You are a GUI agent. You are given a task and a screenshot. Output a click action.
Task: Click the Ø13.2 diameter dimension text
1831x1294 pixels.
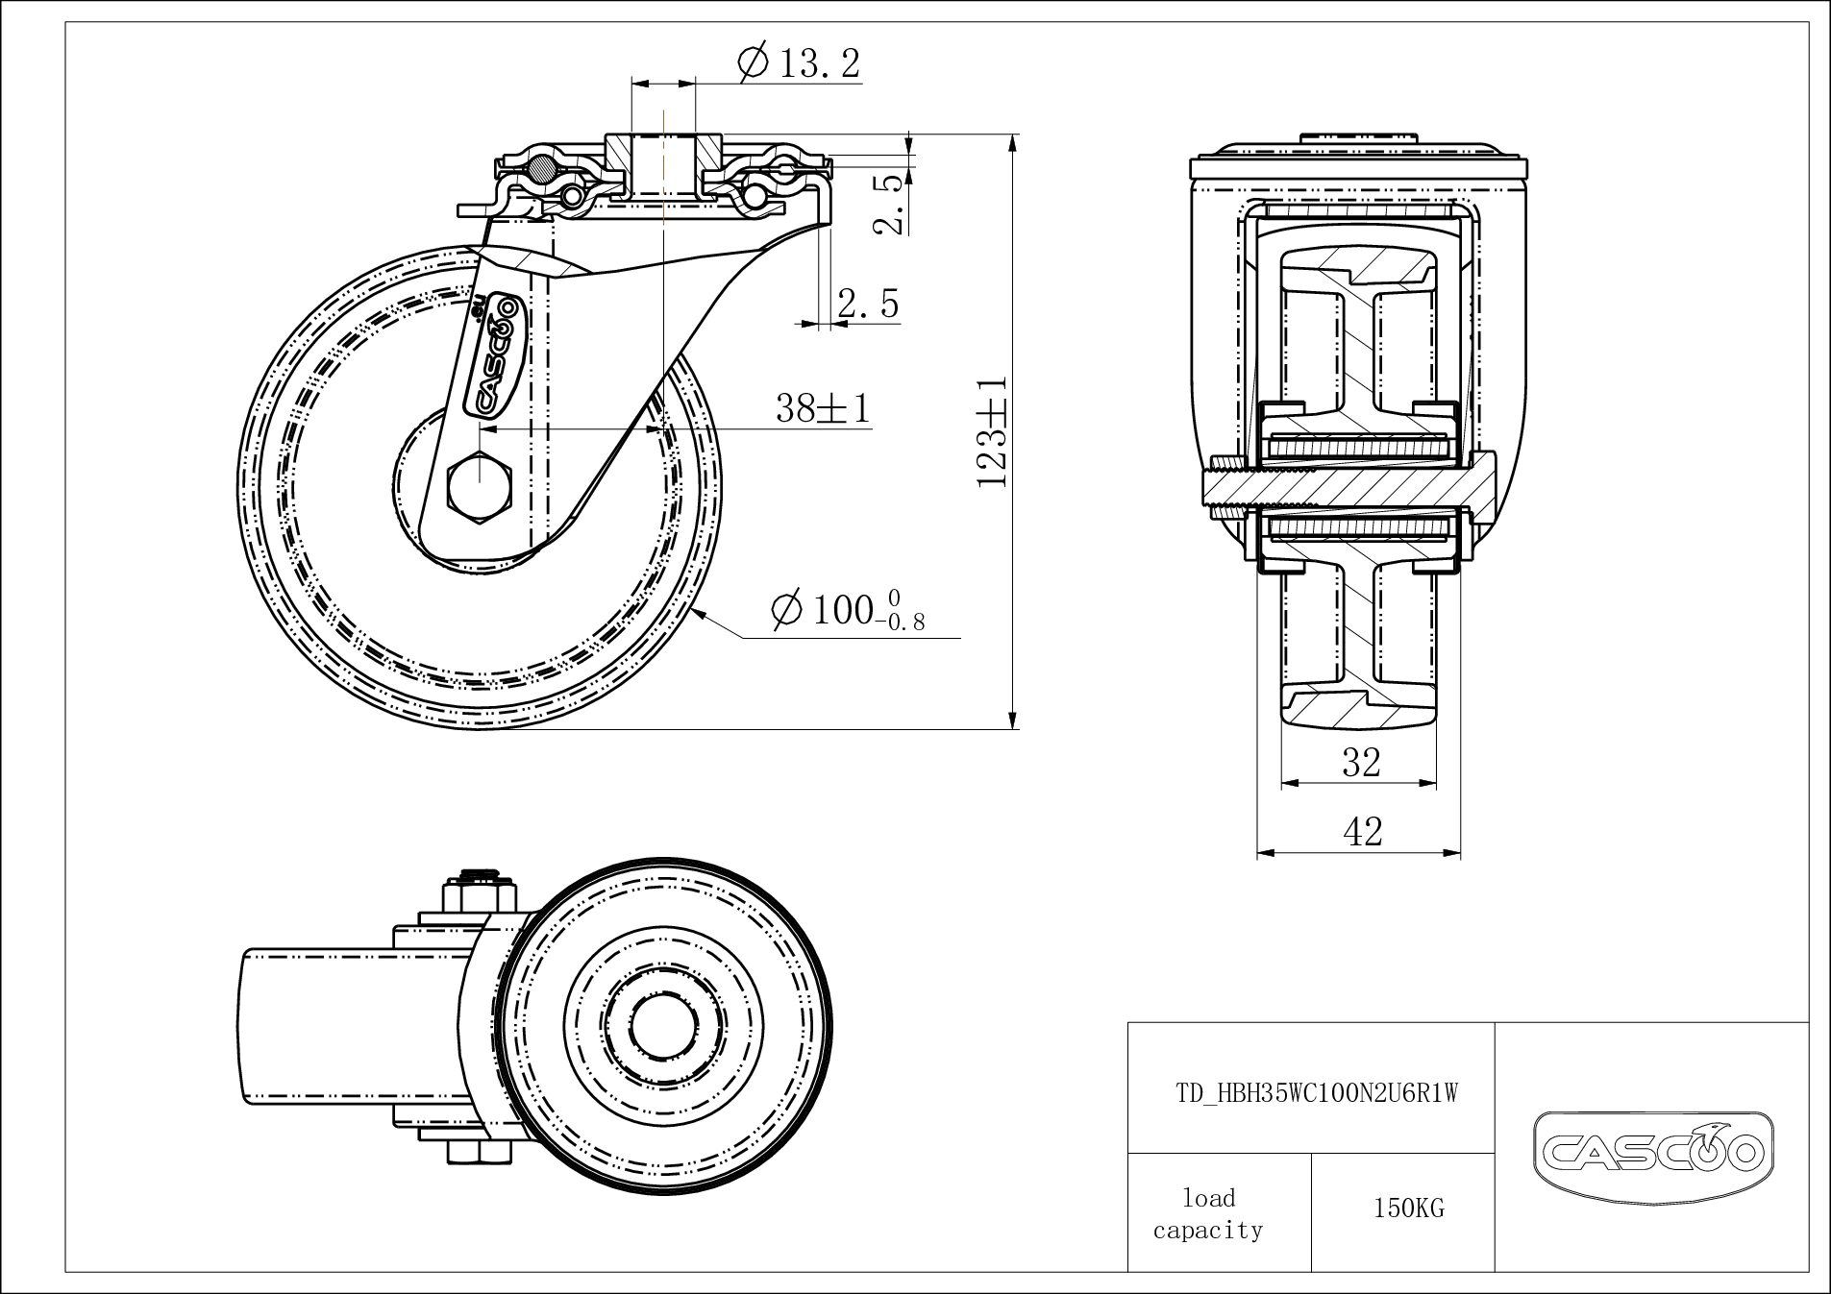(x=801, y=63)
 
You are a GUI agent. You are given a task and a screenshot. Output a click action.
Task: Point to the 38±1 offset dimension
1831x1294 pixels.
(x=823, y=408)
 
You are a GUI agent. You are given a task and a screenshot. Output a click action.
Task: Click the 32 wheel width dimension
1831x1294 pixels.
(x=1361, y=762)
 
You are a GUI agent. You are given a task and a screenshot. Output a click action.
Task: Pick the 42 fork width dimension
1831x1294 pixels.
(x=1361, y=831)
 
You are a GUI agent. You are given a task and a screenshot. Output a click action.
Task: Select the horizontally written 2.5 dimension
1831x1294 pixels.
(x=867, y=304)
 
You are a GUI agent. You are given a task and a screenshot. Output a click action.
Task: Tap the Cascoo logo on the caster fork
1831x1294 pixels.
(x=494, y=356)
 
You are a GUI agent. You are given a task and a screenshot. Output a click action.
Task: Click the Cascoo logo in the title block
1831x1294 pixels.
(x=1652, y=1148)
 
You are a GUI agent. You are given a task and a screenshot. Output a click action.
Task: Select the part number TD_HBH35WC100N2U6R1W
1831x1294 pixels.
(x=1318, y=1093)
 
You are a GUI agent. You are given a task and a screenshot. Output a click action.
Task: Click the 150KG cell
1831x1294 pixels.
(x=1408, y=1209)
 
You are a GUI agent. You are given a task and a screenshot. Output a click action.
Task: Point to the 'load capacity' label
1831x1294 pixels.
(x=1208, y=1213)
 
